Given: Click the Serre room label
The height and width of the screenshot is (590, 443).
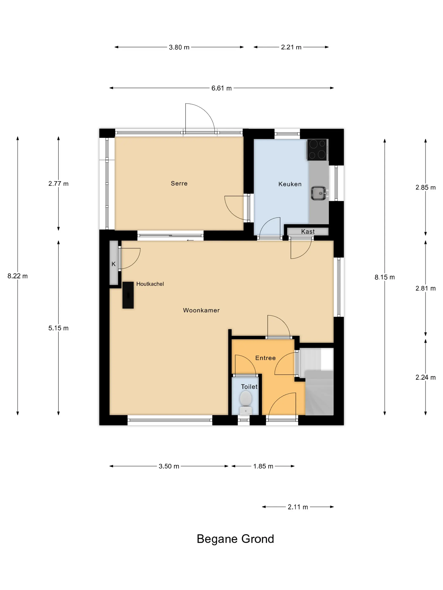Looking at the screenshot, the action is (179, 184).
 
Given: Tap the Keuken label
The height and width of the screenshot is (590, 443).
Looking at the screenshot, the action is (290, 184).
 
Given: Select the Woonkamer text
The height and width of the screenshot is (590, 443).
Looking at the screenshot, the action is (201, 310).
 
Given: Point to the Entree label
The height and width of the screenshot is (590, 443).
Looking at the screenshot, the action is (265, 358).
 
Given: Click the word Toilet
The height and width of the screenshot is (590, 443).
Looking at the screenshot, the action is (249, 387).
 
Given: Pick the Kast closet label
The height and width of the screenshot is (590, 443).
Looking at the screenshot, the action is (308, 232).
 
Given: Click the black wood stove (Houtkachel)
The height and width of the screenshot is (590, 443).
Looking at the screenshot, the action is (128, 295).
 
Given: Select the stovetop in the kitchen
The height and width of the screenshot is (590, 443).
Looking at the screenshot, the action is (317, 150).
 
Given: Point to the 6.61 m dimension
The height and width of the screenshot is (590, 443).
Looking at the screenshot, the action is (221, 88).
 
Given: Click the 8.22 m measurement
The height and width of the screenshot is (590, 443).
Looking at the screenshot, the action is (18, 276).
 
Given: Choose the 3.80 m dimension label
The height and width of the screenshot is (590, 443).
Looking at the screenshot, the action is (179, 47).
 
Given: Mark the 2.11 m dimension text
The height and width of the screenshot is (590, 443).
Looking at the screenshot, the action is (298, 507).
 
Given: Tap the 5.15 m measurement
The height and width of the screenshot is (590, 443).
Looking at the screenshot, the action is (58, 328).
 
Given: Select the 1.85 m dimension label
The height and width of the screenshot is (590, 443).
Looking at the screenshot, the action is (263, 466).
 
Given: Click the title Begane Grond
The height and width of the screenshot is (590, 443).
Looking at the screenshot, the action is (235, 539).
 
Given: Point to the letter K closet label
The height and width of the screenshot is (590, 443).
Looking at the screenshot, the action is (113, 264).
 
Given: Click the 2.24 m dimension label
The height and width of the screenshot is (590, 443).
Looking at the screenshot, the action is (425, 377).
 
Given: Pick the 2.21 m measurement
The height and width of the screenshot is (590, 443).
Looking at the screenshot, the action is (291, 47).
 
